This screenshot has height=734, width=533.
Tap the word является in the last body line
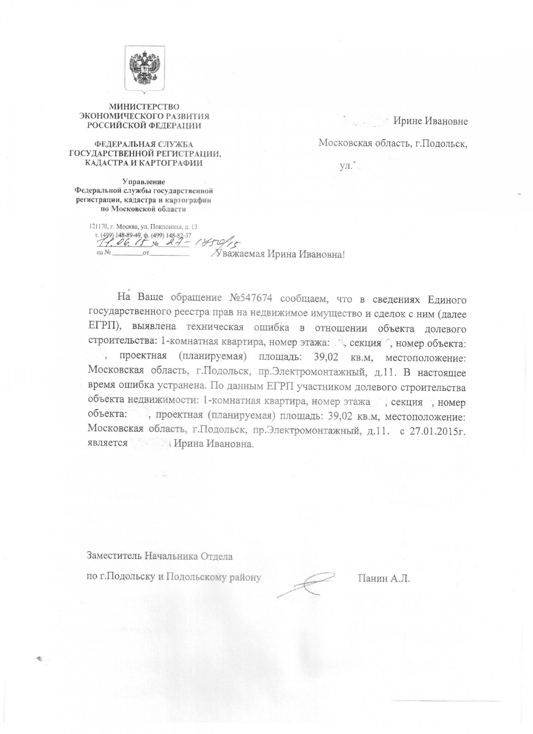(x=107, y=443)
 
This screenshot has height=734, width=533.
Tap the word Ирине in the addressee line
(x=407, y=121)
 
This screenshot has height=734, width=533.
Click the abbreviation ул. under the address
(x=345, y=166)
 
